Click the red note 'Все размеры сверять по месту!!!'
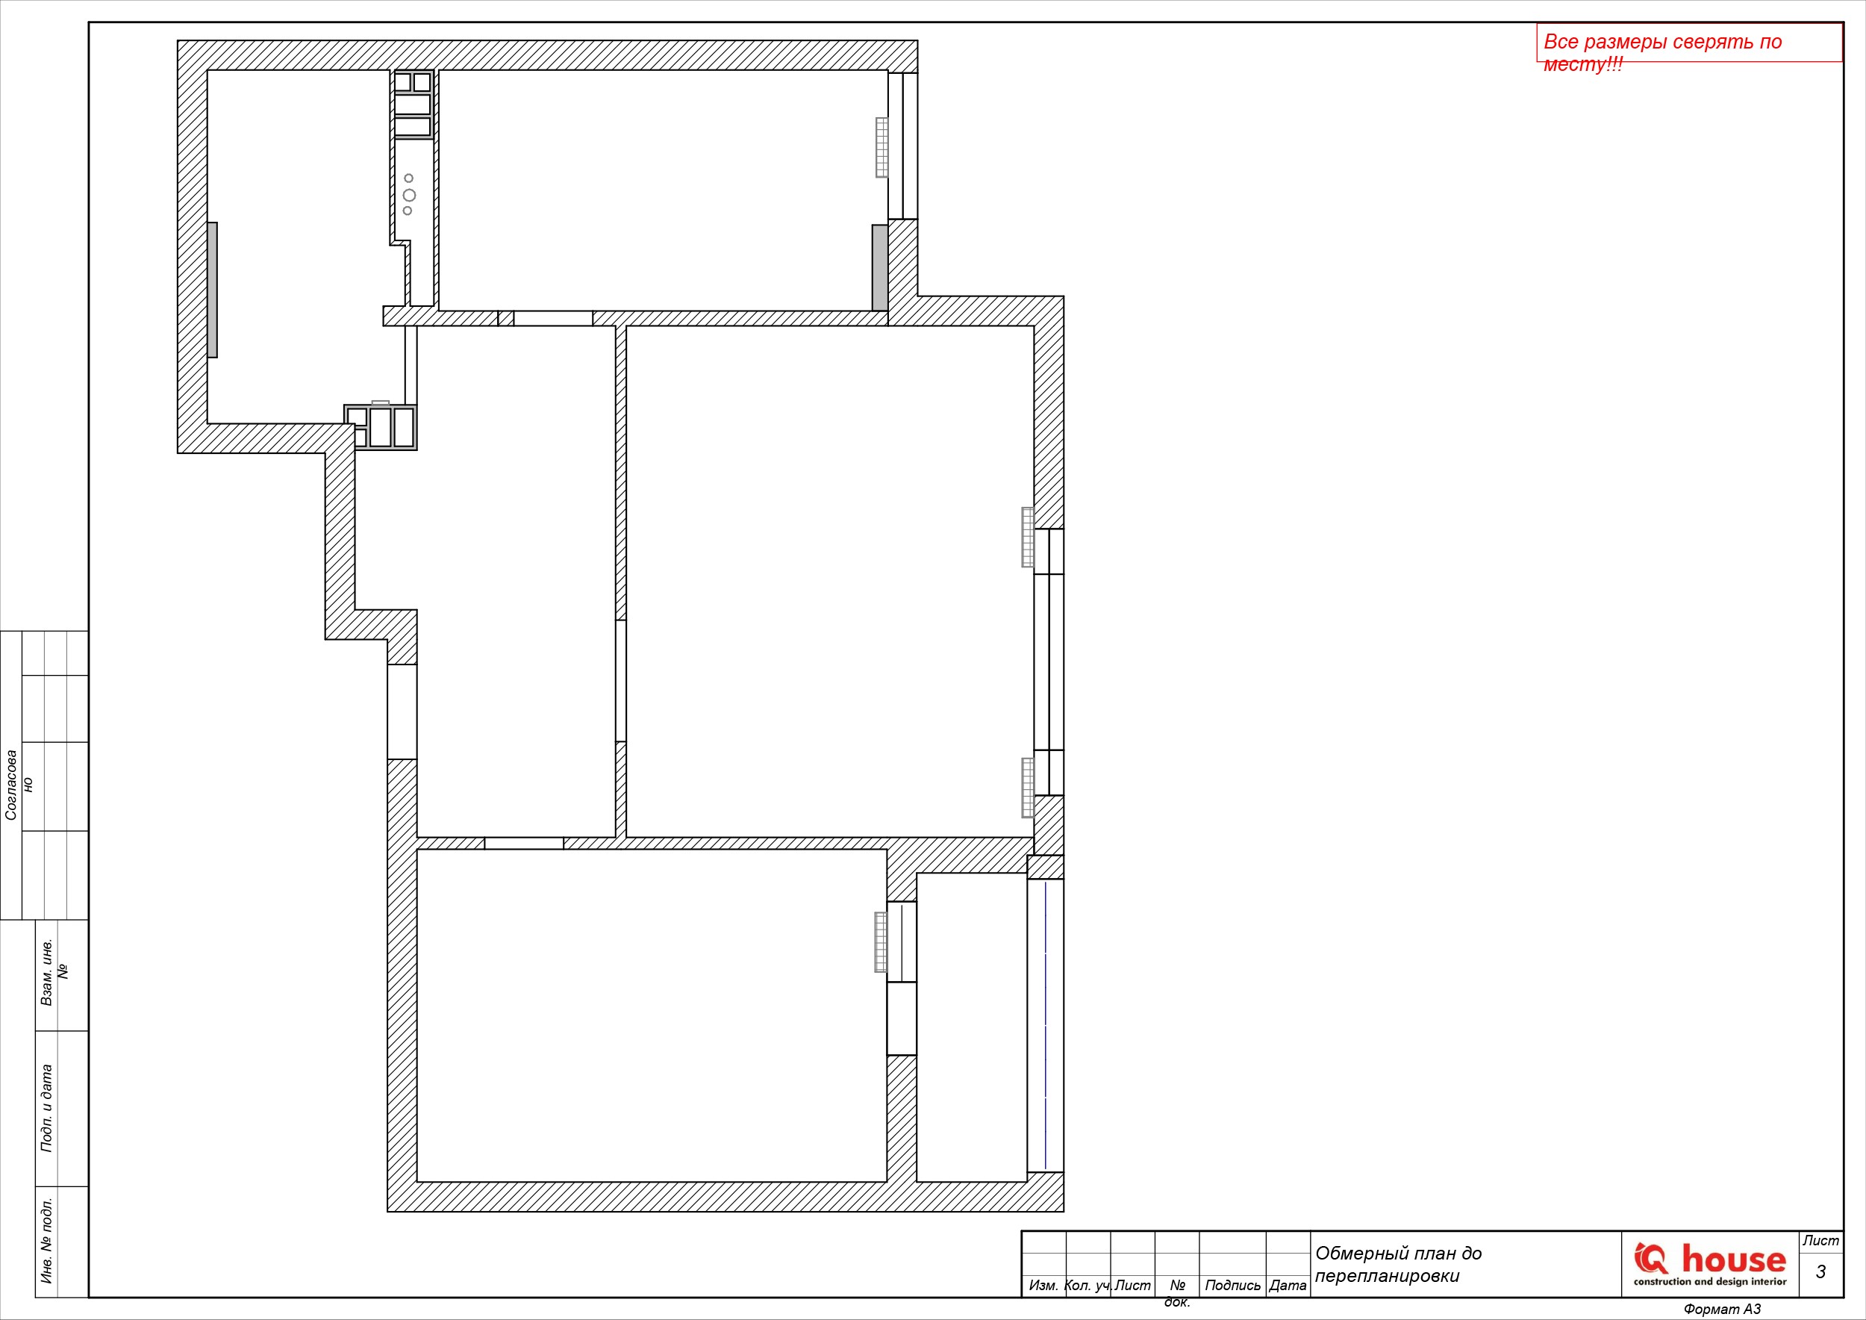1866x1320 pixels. click(1662, 52)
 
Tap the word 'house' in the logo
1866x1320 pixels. click(1734, 1259)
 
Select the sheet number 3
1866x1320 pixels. click(1820, 1272)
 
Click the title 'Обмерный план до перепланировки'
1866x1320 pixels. click(1399, 1265)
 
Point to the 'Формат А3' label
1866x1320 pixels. click(1722, 1310)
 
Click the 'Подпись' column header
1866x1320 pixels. click(1232, 1285)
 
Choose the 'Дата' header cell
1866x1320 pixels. click(1288, 1285)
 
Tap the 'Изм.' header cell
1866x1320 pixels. click(1043, 1285)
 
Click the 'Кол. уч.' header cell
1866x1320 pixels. click(1088, 1285)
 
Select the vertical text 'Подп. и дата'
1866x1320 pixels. click(46, 1109)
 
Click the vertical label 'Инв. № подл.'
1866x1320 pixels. click(46, 1240)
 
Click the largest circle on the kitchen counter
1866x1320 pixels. click(409, 195)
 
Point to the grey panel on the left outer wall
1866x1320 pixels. click(212, 290)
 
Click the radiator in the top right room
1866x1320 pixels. click(881, 147)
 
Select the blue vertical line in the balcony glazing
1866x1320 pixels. click(1045, 1025)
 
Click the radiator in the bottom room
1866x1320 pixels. click(880, 942)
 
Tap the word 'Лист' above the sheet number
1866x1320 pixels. click(1820, 1240)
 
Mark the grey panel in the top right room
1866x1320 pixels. click(879, 267)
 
